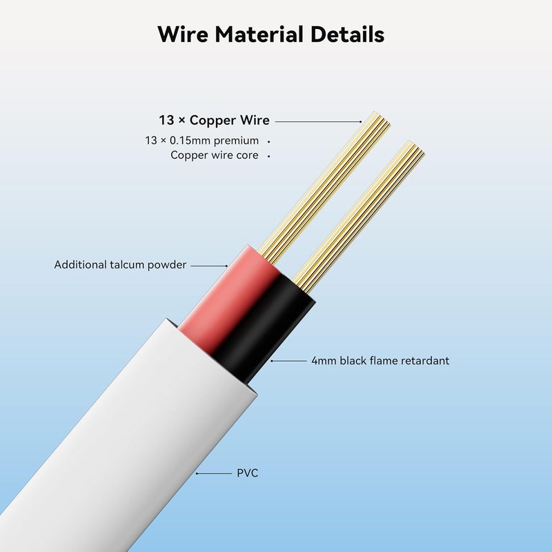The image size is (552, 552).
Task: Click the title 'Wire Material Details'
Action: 270,34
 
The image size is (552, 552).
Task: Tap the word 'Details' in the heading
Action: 347,34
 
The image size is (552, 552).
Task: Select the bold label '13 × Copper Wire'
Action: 214,120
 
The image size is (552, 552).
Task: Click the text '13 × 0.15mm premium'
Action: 201,141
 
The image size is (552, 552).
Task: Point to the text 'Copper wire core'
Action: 215,155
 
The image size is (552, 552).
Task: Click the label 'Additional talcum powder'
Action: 120,265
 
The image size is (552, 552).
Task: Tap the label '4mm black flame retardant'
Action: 380,360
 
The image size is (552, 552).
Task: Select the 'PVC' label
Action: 248,473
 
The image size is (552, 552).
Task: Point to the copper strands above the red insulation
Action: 324,186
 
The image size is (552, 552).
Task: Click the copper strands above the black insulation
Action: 359,217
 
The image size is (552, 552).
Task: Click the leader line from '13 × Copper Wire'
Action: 318,121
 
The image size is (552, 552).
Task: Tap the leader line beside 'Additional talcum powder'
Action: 209,266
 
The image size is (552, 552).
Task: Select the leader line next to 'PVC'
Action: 214,473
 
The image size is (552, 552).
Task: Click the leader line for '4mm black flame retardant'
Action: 288,361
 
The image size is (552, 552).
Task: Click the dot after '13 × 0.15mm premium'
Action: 268,141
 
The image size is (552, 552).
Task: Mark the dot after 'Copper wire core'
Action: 268,156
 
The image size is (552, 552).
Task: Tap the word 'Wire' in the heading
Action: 182,34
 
